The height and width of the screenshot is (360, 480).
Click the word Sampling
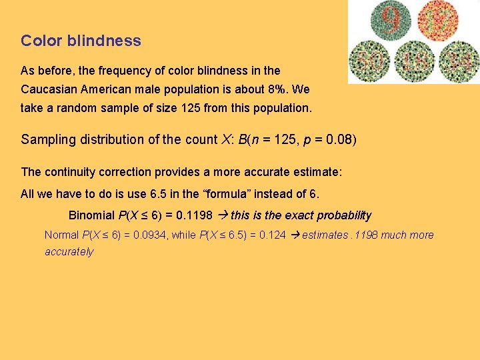47,139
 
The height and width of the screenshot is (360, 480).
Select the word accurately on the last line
69,252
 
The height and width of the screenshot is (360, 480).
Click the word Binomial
92,215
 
